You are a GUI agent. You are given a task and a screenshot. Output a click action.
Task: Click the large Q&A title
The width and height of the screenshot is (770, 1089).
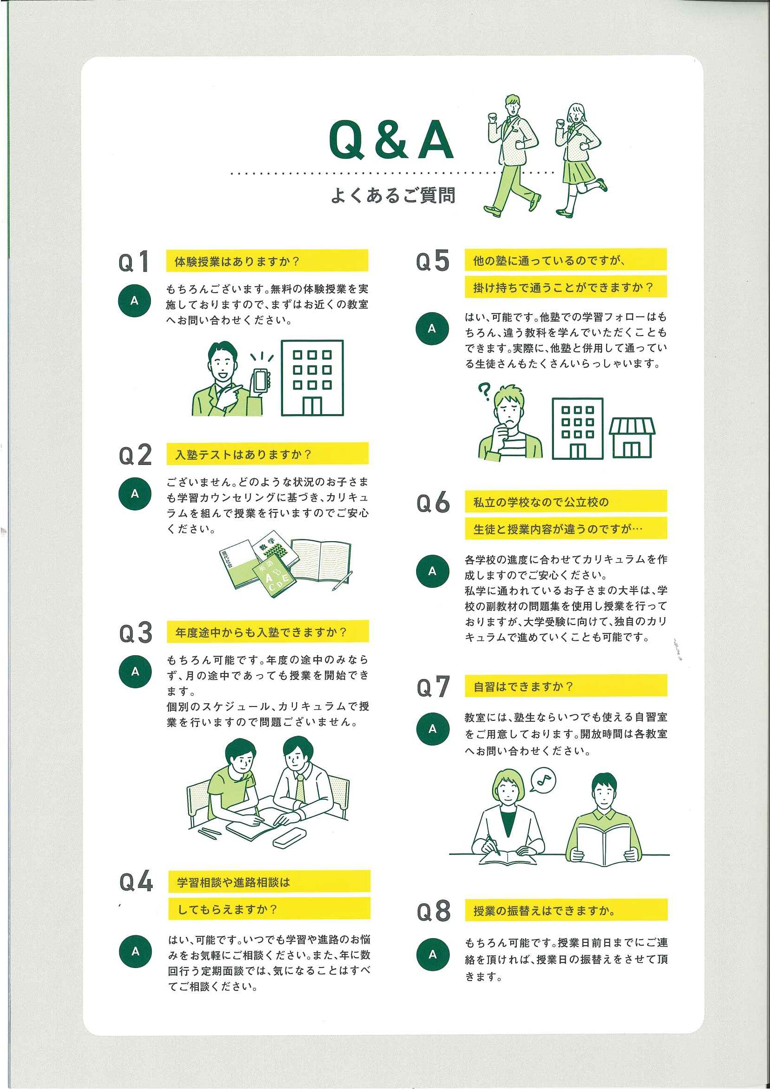click(x=392, y=141)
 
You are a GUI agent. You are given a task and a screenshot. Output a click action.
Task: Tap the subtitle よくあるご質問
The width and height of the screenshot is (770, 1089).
click(x=393, y=195)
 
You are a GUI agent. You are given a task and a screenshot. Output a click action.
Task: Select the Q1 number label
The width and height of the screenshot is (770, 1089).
click(x=134, y=262)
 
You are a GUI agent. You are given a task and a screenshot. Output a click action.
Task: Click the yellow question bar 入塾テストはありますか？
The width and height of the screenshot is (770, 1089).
click(x=267, y=453)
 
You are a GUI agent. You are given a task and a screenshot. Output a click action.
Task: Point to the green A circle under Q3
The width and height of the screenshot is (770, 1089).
click(x=135, y=672)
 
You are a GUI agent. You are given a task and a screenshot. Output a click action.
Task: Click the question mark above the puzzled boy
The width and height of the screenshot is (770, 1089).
click(x=484, y=392)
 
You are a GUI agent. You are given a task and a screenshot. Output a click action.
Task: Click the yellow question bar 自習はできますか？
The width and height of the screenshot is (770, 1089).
click(x=566, y=686)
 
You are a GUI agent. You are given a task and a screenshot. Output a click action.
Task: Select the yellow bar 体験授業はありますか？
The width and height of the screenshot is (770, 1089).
click(x=267, y=261)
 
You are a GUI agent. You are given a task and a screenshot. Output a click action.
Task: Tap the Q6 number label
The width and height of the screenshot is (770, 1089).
click(x=433, y=503)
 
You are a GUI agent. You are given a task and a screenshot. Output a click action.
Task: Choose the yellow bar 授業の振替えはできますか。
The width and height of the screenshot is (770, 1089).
click(x=566, y=910)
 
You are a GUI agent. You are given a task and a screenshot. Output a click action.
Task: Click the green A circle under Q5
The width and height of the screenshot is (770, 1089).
click(x=432, y=328)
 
